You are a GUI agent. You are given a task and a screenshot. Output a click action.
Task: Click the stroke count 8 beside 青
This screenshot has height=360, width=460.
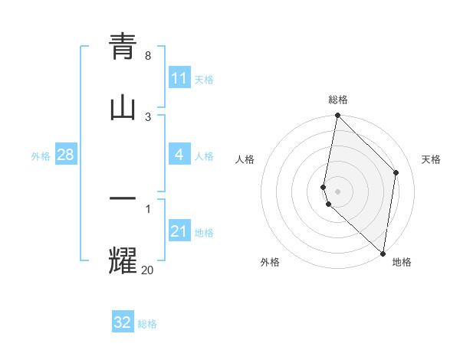(x=148, y=56)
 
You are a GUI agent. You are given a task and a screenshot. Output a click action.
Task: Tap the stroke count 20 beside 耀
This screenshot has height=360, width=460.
(x=148, y=269)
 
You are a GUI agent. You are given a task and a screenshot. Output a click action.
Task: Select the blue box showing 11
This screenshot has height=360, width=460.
(x=179, y=78)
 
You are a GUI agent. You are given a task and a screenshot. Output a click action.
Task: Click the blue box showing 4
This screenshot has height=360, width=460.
(x=179, y=155)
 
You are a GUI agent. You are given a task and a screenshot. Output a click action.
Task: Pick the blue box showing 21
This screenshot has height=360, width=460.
(x=179, y=231)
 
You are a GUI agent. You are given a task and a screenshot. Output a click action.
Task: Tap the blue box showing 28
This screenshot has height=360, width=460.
(x=65, y=155)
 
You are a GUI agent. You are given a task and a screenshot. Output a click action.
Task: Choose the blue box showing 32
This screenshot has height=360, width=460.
(x=123, y=322)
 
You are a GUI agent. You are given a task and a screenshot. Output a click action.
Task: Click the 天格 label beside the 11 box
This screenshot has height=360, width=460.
(x=204, y=79)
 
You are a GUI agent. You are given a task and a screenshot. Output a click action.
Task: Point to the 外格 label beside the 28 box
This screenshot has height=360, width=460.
(x=41, y=155)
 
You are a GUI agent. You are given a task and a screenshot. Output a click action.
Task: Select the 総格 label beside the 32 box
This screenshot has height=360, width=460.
(x=147, y=324)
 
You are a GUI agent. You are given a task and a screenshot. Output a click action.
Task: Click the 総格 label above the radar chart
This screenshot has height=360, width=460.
(x=338, y=100)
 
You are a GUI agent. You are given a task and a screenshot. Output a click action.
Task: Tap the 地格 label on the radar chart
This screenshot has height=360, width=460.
(x=402, y=262)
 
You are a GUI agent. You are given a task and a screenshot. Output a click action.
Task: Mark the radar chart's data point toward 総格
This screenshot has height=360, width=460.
(x=337, y=116)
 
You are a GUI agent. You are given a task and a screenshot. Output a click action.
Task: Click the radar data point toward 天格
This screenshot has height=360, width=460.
(x=396, y=172)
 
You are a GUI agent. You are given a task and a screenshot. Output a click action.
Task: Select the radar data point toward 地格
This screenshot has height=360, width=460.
(x=383, y=253)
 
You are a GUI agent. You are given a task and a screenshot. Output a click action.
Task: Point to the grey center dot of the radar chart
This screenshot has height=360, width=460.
(x=337, y=191)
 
